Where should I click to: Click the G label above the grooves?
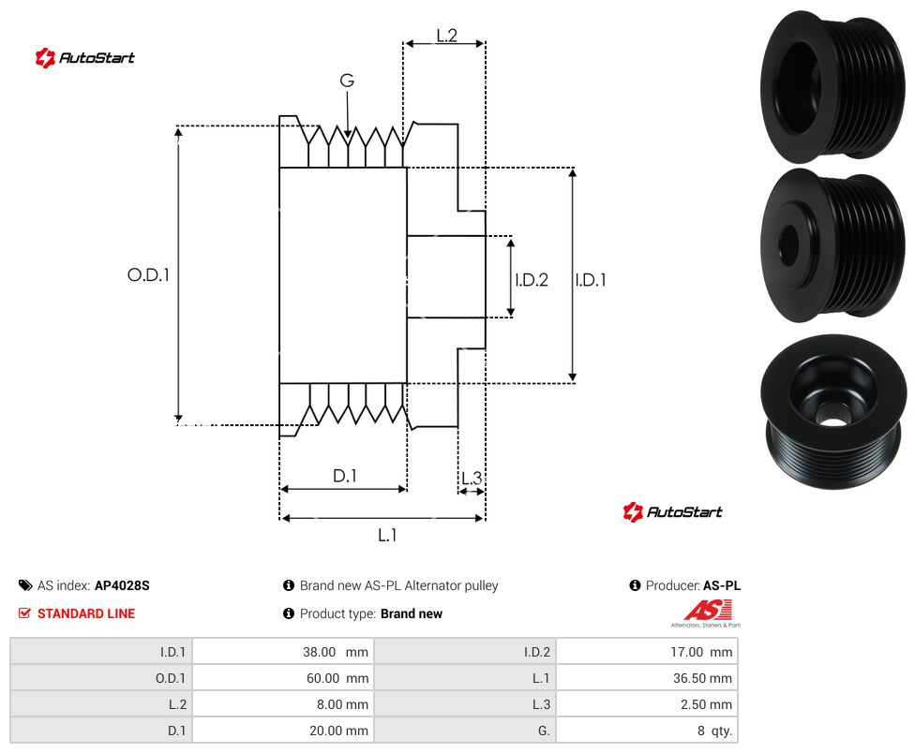[347, 81]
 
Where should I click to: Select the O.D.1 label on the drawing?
[148, 274]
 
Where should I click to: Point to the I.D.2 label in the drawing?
[532, 280]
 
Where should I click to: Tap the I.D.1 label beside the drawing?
[591, 280]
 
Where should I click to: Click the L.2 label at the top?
[446, 36]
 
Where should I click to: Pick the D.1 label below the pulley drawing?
[344, 476]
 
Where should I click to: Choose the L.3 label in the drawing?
[472, 478]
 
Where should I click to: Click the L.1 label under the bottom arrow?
[387, 535]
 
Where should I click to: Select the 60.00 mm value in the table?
[337, 678]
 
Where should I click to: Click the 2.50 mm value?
[706, 704]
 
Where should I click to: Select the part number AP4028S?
[122, 585]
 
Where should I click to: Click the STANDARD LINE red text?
[86, 613]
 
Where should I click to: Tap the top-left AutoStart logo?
[85, 58]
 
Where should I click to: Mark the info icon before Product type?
[288, 613]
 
